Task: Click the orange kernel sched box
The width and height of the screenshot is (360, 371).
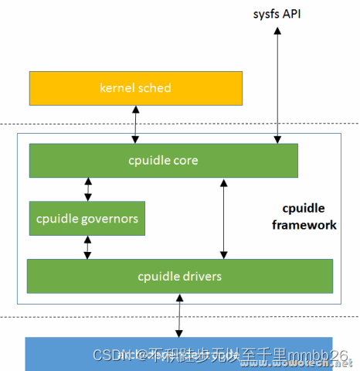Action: (134, 88)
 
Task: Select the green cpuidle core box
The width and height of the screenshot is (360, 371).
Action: (163, 161)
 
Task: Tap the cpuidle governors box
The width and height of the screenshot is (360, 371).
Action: (87, 219)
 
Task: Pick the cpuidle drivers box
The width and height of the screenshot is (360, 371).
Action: (179, 276)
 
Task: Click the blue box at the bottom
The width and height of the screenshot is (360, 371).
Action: (179, 354)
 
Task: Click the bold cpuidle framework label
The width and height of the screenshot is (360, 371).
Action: (310, 218)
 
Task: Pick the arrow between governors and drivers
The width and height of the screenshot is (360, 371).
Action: (87, 247)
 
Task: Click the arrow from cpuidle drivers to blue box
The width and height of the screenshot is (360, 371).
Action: (180, 315)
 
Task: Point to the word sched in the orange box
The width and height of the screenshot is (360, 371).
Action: (155, 88)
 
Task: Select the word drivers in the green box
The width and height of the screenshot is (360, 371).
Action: (202, 276)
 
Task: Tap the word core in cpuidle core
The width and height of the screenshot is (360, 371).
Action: (185, 161)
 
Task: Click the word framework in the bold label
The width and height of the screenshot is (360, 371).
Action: (310, 225)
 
